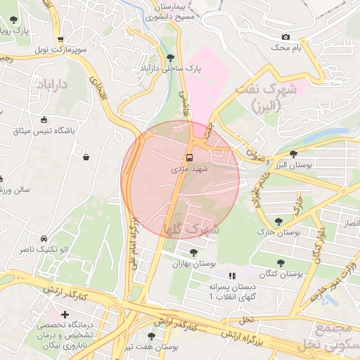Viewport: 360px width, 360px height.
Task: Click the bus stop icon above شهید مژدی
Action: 190,157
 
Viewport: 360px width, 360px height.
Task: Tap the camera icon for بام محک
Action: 285,37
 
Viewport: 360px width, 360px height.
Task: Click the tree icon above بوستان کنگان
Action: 279,261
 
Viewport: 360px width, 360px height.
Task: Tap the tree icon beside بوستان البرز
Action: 293,154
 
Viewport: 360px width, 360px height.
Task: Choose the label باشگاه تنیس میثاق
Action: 44,131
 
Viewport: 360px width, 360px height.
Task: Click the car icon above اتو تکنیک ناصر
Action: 44,239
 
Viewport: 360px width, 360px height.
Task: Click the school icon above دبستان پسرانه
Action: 232,276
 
